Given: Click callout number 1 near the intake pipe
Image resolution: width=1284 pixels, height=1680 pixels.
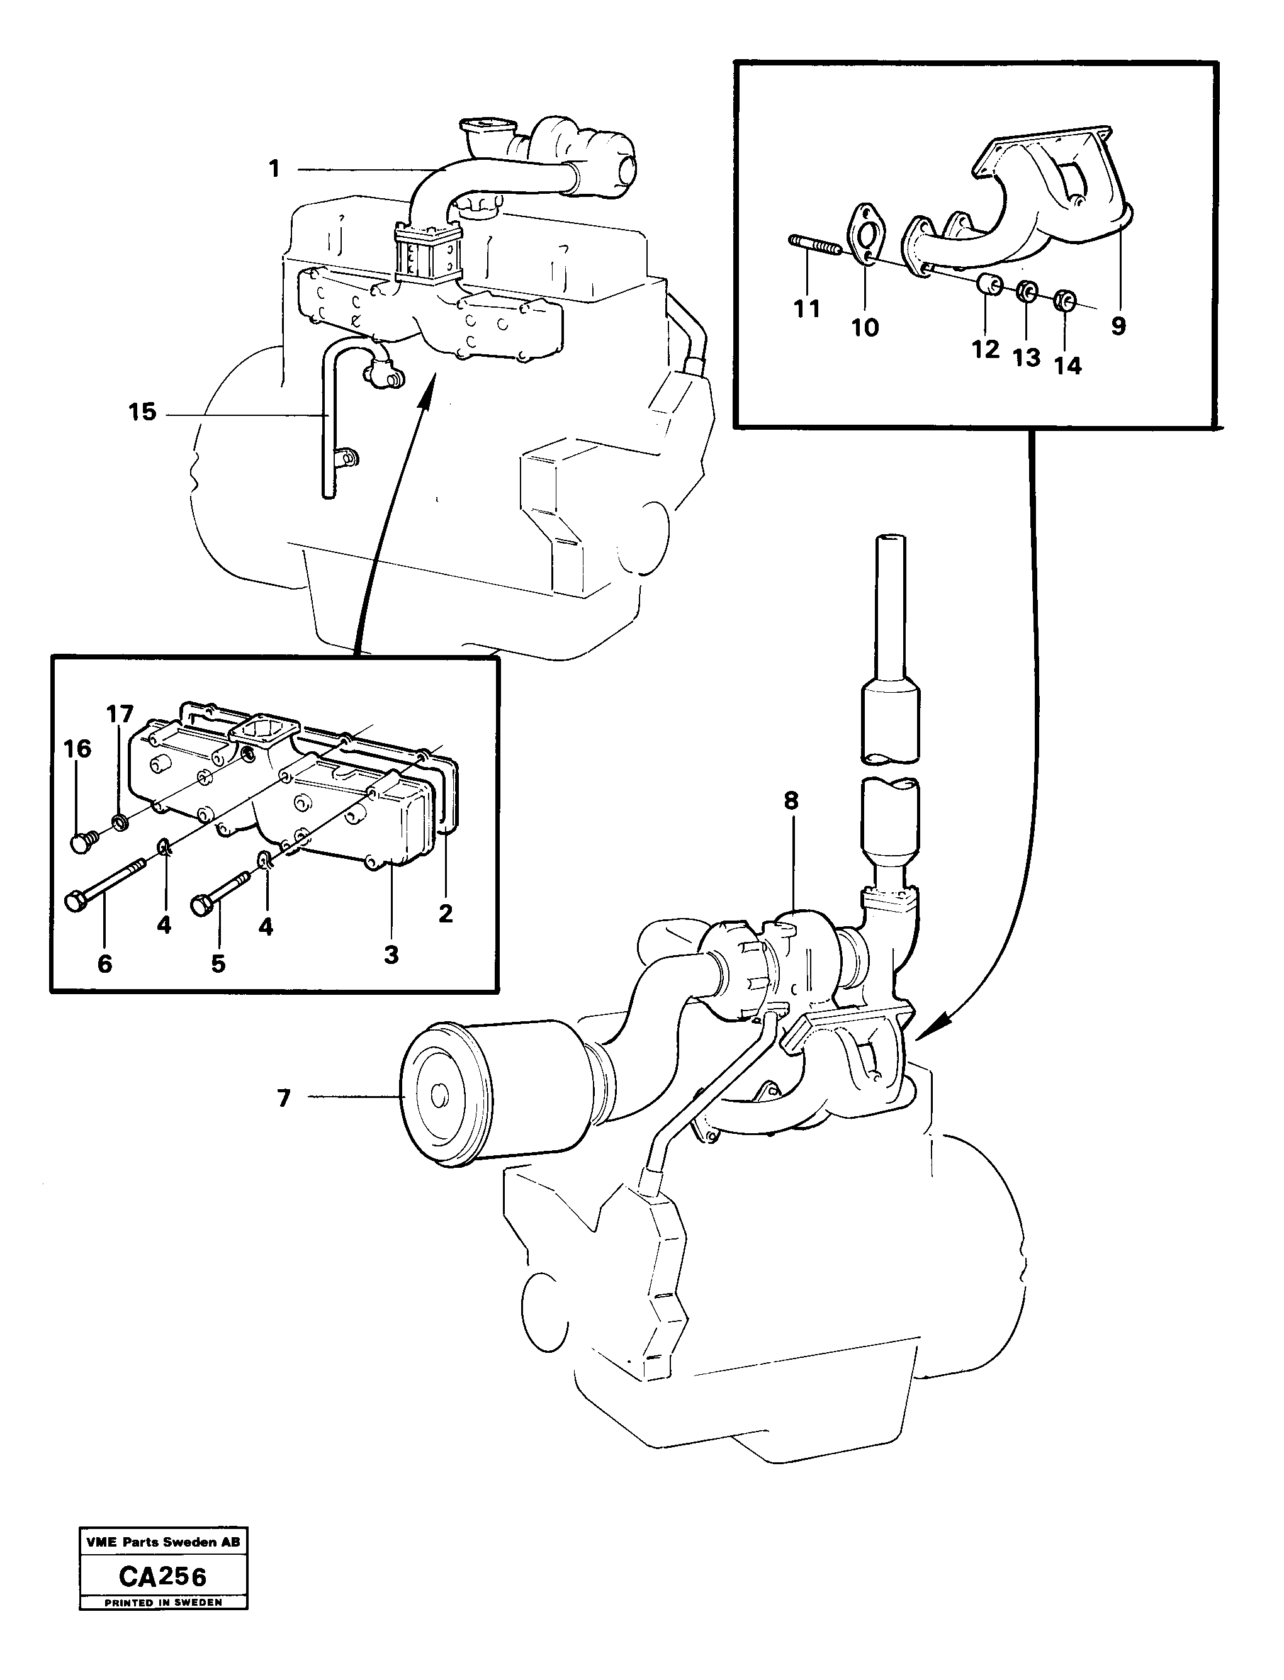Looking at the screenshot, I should click(274, 169).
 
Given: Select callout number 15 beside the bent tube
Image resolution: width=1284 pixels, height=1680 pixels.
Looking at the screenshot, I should click(143, 413).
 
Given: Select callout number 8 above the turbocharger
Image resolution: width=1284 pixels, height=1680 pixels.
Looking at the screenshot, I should click(791, 800).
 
